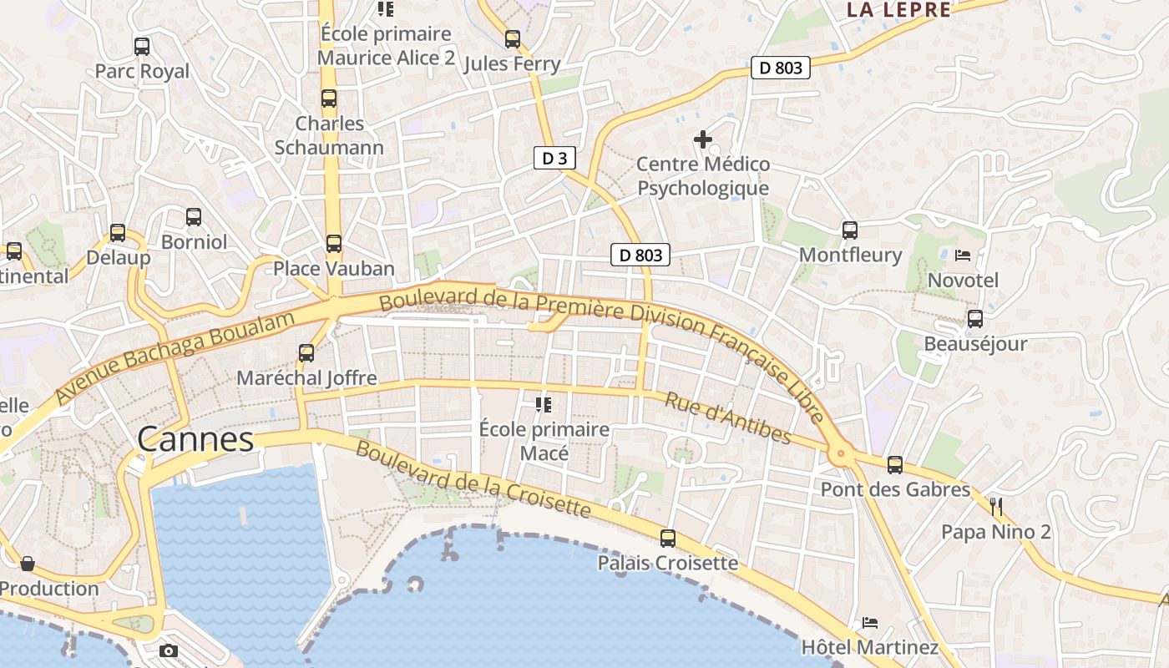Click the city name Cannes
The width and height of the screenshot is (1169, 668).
tap(195, 439)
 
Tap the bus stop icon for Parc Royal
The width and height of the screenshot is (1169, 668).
tap(142, 47)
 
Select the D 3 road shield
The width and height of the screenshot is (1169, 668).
tap(555, 158)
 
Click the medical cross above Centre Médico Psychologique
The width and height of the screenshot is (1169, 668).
tap(703, 139)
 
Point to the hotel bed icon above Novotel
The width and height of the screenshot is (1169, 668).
tap(963, 255)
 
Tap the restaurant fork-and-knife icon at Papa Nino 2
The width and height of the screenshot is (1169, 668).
tap(995, 506)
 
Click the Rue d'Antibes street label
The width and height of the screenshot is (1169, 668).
tap(727, 418)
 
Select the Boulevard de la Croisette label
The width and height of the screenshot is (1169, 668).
tap(473, 479)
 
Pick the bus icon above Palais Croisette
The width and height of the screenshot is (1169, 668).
tap(668, 539)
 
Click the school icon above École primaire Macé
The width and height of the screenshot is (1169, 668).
tap(544, 405)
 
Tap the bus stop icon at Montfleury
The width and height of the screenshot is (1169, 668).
tap(850, 230)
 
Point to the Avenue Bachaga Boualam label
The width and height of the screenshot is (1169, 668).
tap(175, 357)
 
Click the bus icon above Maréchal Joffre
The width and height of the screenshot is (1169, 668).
tap(306, 353)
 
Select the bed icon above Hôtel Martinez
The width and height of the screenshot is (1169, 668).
tap(869, 622)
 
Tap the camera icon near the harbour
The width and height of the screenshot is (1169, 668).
tap(169, 650)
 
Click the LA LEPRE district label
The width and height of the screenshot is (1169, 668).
tap(898, 10)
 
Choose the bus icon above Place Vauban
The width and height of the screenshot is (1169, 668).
tap(334, 244)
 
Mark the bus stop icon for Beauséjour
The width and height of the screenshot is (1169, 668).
tap(975, 319)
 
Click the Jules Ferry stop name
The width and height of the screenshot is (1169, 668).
tap(512, 64)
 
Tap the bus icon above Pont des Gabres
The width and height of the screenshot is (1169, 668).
tap(895, 465)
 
